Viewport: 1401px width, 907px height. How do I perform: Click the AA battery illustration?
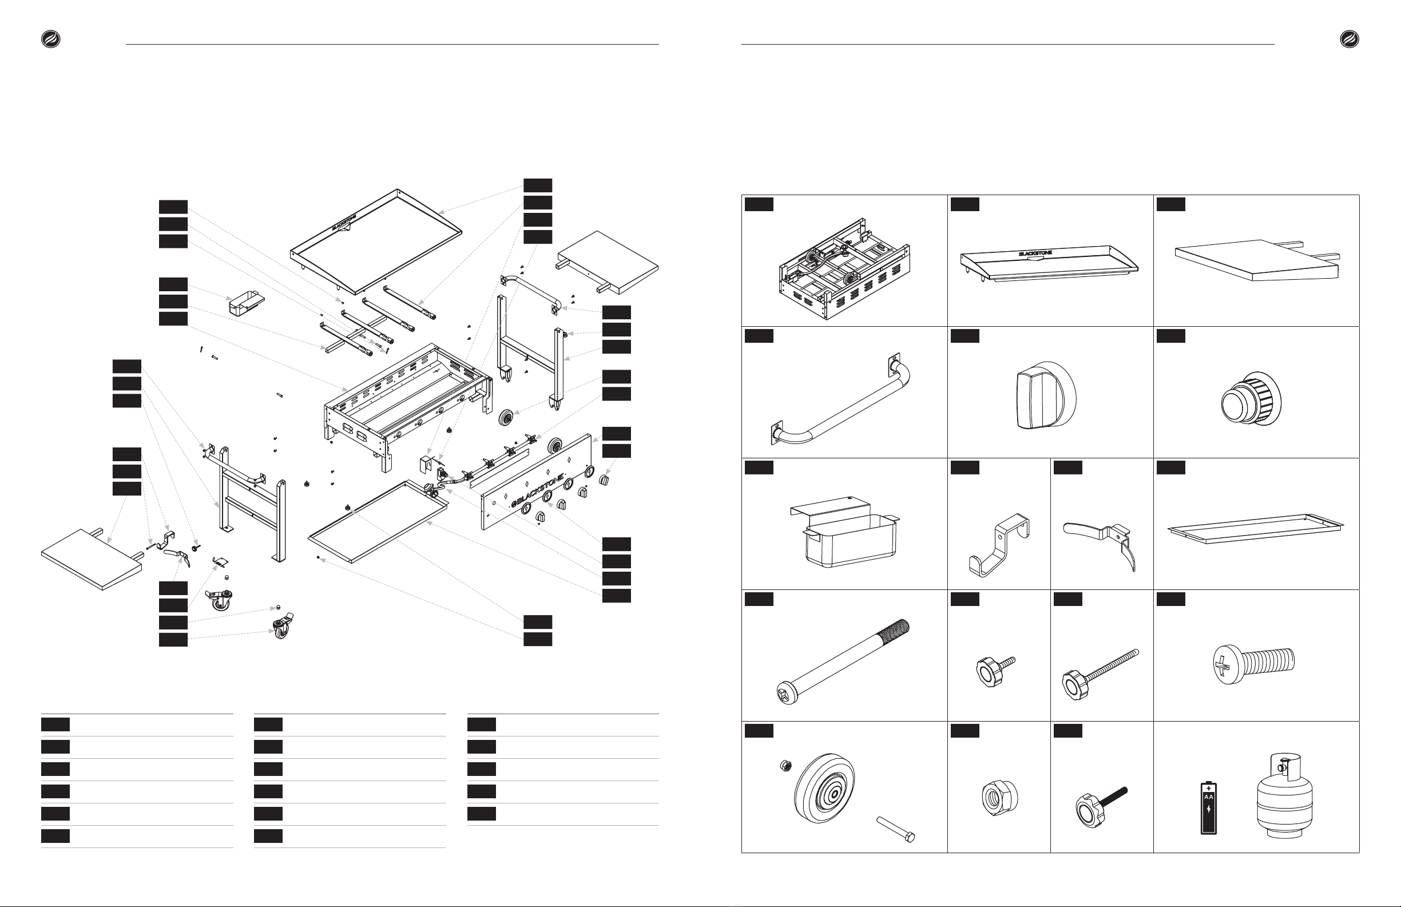coord(1209,807)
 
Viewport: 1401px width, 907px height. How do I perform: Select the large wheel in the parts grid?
coord(824,787)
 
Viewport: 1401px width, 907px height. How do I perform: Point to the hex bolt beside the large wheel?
coord(895,829)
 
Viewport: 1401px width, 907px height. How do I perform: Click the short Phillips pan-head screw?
coord(1253,664)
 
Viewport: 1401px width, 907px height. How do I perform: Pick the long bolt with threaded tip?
coord(843,662)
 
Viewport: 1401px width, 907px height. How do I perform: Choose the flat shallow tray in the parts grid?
coord(1256,528)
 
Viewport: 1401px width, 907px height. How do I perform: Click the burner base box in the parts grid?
coord(845,269)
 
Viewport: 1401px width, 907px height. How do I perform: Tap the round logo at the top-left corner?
coord(50,39)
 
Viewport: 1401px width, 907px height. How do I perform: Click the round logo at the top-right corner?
coord(1349,39)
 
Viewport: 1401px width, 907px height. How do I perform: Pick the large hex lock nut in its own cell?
coord(999,798)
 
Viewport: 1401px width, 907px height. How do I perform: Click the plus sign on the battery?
coord(1209,788)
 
